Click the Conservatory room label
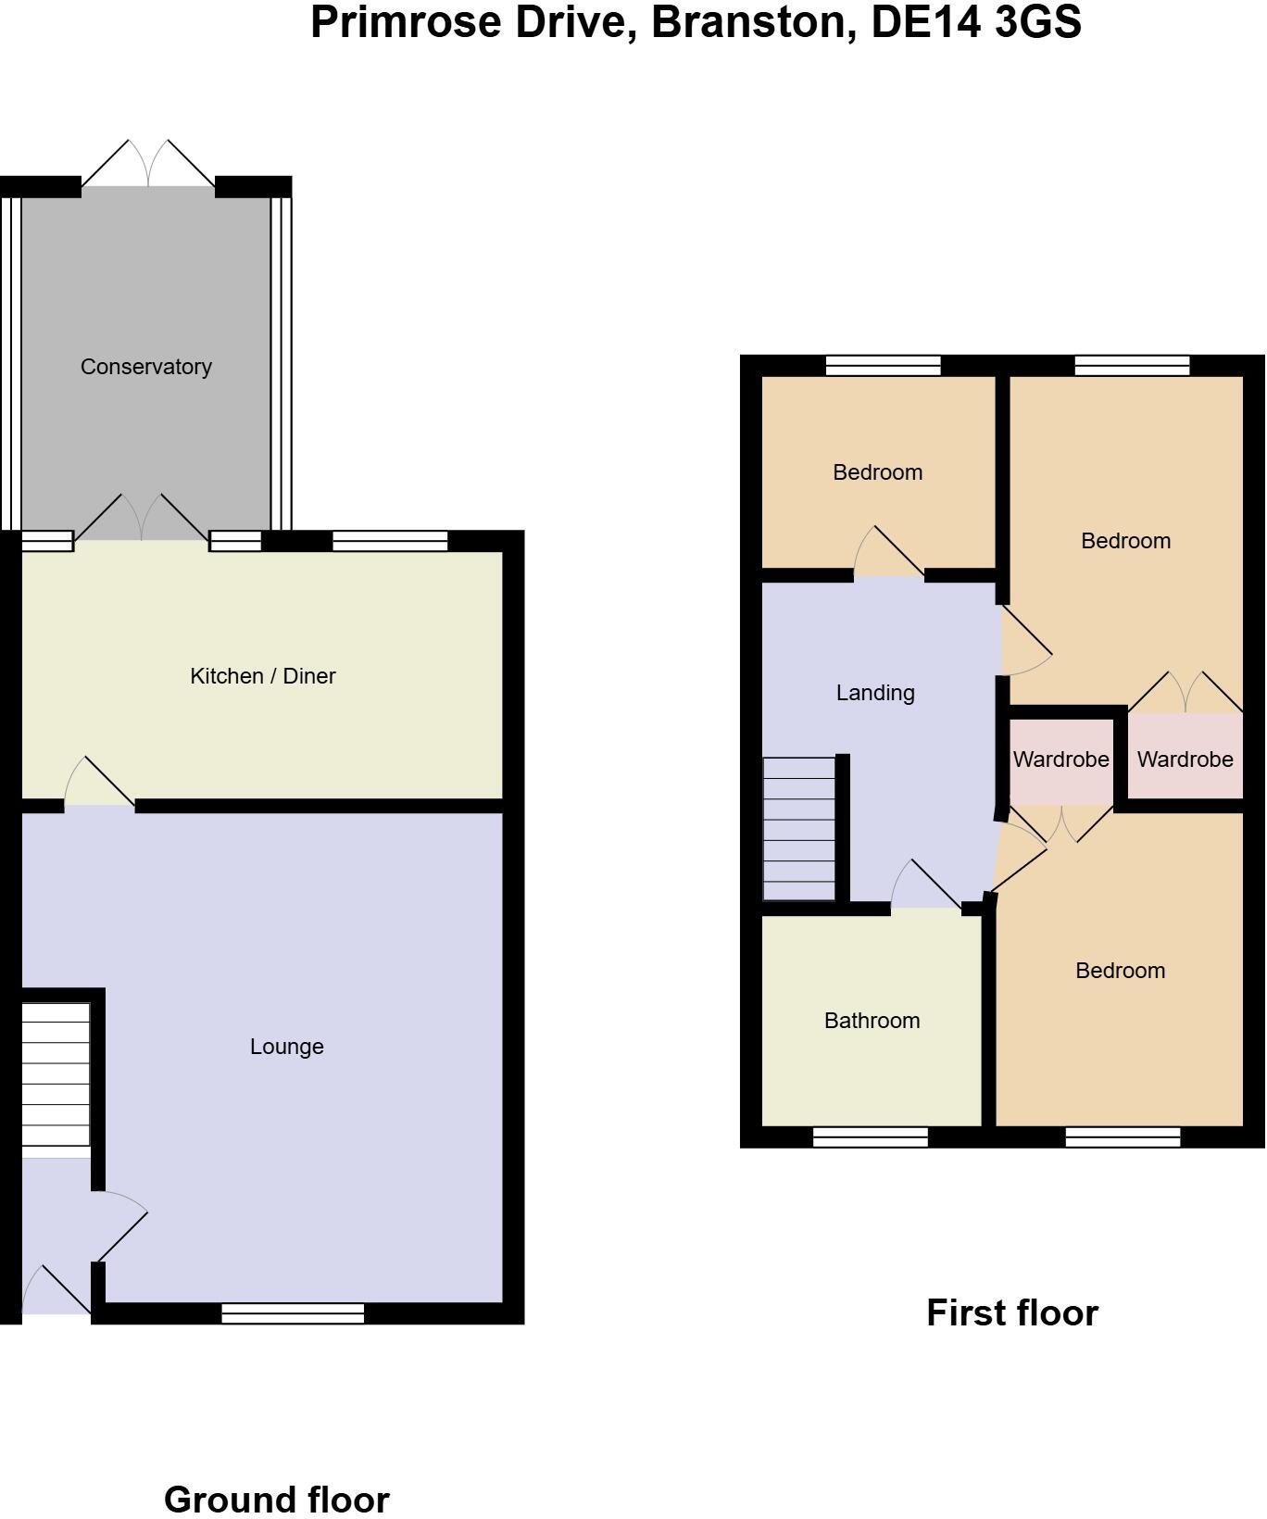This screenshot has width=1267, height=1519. pos(146,367)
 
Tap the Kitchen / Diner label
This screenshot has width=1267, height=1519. pos(262,676)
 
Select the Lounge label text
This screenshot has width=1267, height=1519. pos(287,1047)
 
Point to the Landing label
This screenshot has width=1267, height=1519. pos(875,693)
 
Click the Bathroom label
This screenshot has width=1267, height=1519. pos(872,1021)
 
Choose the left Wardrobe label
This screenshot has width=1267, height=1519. pos(1060,759)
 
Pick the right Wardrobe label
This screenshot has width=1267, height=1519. pos(1185,759)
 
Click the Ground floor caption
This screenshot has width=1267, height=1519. pos(276,1499)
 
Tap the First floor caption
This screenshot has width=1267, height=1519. pos(1011,1312)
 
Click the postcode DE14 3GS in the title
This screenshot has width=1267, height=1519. pos(976,22)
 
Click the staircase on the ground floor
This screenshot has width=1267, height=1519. pos(56,1074)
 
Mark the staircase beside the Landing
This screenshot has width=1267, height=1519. pos(798,828)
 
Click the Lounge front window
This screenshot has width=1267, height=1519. pos(293,1312)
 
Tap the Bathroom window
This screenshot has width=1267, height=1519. pos(870,1136)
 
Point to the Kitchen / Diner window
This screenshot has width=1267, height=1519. pos(390,541)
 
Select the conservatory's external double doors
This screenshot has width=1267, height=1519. pos(148,165)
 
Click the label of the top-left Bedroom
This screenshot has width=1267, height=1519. pos(877,472)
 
